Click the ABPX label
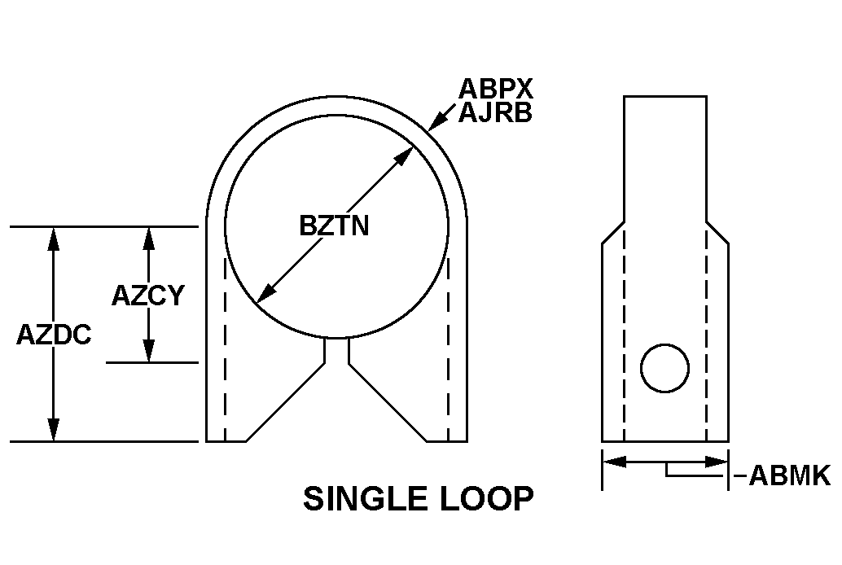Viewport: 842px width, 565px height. point(495,89)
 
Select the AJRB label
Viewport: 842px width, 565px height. point(495,112)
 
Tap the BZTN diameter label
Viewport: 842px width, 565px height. point(334,226)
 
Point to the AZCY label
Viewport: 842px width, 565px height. point(147,296)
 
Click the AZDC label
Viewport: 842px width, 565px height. point(54,335)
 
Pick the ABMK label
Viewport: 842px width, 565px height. point(789,475)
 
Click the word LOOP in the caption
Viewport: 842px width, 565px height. point(487,498)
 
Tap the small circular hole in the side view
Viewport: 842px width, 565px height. point(664,368)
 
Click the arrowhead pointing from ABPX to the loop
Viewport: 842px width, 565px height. point(436,121)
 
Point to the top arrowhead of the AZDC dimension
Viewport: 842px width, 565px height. point(53,239)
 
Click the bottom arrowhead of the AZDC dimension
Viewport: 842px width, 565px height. point(53,428)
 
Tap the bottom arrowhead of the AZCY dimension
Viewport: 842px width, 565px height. point(149,350)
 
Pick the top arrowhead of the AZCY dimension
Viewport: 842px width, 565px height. point(149,239)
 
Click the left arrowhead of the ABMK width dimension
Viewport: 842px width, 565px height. point(615,461)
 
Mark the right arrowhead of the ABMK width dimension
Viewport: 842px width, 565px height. point(716,461)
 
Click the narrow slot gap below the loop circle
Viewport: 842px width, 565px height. point(336,350)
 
